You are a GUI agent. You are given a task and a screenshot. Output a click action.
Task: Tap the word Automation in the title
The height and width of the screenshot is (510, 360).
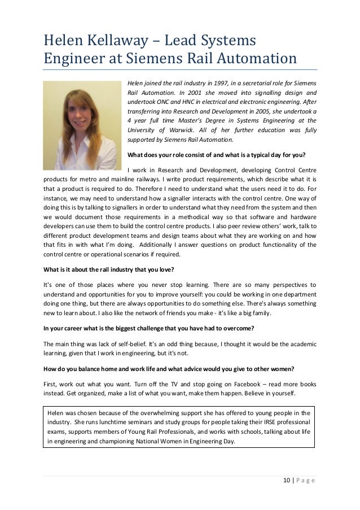[x=254, y=59]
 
